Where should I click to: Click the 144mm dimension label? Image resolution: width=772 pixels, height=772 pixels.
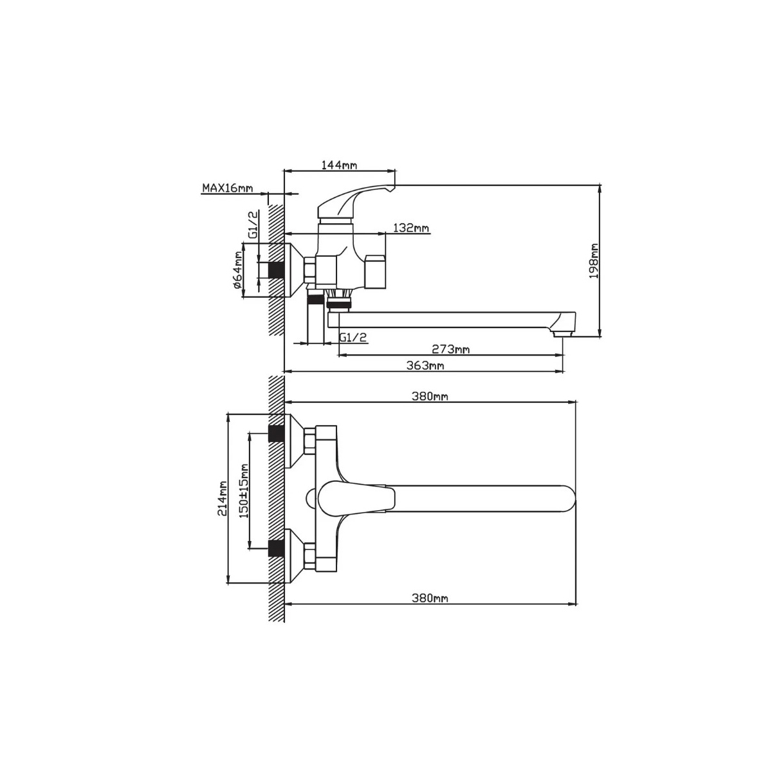coord(339,165)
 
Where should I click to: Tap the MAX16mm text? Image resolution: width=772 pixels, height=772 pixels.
coord(228,187)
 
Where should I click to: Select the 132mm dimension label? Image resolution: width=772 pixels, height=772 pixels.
coord(411,228)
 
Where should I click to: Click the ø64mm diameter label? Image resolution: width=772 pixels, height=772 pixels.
coord(237,270)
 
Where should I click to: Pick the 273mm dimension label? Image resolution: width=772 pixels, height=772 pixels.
coord(451,349)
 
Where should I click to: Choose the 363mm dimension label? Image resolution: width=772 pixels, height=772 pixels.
coord(425,365)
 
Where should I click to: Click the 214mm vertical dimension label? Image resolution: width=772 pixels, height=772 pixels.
coord(223,499)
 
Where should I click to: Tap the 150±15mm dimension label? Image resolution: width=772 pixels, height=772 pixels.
coord(244,491)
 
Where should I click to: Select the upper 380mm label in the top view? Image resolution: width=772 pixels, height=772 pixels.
coord(430,396)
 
